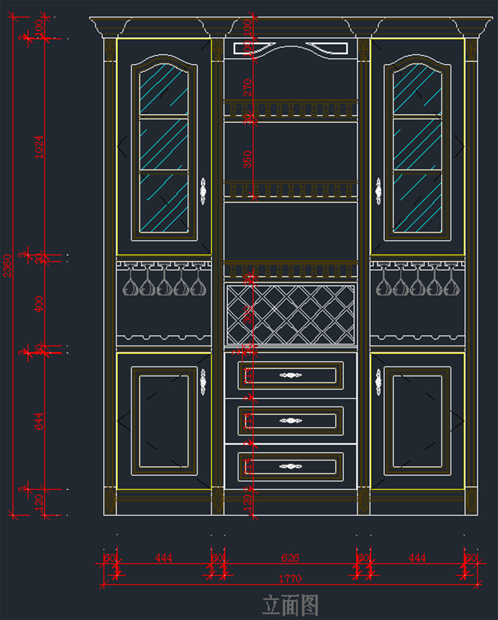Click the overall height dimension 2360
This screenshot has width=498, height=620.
click(7, 266)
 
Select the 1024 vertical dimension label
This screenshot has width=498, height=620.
click(39, 147)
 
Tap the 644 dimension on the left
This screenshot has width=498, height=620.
click(39, 421)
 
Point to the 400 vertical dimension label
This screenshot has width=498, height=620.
click(39, 304)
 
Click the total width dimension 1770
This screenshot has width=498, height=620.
click(290, 578)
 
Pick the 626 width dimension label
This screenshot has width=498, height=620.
click(290, 558)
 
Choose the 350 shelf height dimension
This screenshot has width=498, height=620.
click(247, 159)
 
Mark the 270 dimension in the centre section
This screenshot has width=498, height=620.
click(247, 88)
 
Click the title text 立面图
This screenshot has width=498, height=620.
click(290, 605)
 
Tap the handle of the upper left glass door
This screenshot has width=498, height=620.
click(203, 191)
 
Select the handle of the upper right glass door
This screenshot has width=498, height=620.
click(378, 191)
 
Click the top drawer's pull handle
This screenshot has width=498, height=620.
click(290, 375)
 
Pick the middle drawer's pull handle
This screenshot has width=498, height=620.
click(290, 421)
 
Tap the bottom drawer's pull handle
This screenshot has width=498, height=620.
click(290, 466)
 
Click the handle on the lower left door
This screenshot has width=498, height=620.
click(203, 382)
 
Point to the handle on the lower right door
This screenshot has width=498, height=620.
click(378, 382)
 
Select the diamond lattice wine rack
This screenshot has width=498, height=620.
click(290, 314)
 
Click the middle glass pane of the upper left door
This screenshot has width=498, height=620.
click(164, 144)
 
